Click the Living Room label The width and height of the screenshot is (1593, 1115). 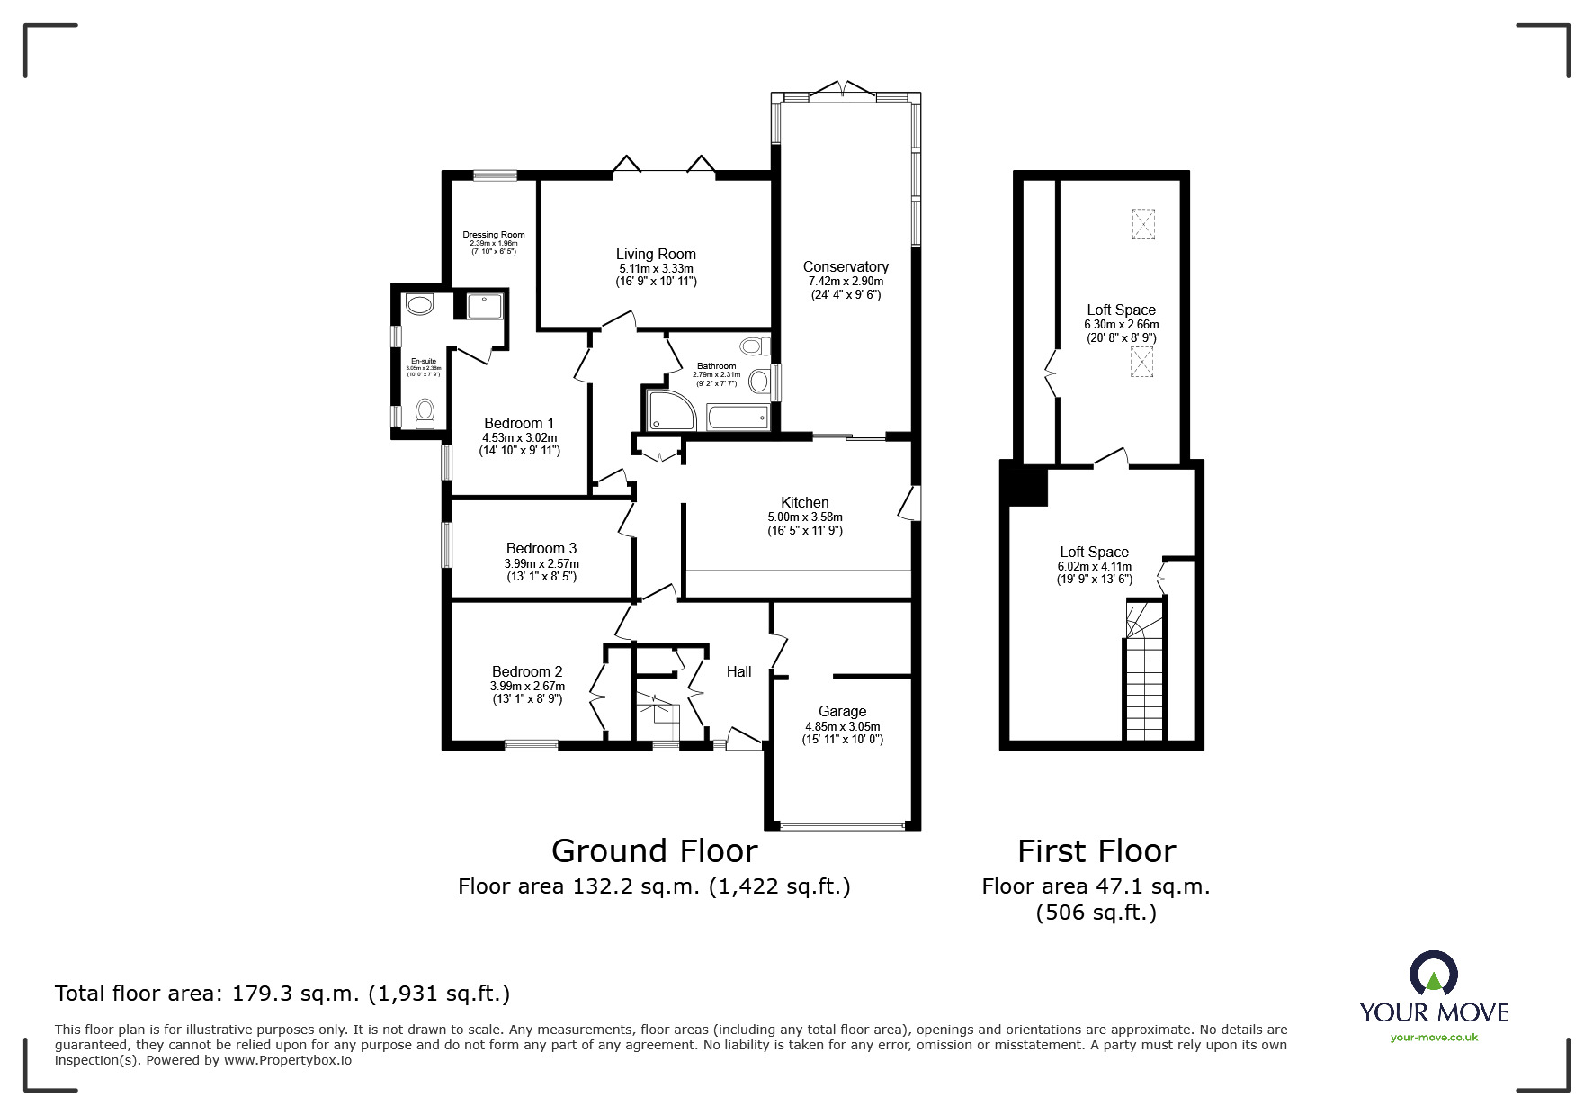656,255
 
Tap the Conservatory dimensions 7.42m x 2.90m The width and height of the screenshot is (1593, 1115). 846,281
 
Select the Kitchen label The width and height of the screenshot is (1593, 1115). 804,502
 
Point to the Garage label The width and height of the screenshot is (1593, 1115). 842,711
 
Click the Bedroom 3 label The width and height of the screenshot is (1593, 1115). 541,548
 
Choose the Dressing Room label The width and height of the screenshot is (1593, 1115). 494,235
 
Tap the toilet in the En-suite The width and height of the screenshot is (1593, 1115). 425,413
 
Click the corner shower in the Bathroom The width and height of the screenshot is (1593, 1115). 667,410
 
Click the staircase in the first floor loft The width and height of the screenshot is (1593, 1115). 1144,675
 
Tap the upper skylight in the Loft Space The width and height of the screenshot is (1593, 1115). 1142,223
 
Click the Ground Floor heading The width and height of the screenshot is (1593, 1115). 654,850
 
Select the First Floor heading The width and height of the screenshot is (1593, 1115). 1096,850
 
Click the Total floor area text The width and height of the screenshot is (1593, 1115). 282,994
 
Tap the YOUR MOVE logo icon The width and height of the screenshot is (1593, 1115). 1432,975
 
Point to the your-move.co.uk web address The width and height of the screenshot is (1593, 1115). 1434,1037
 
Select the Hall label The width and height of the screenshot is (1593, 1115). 738,671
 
